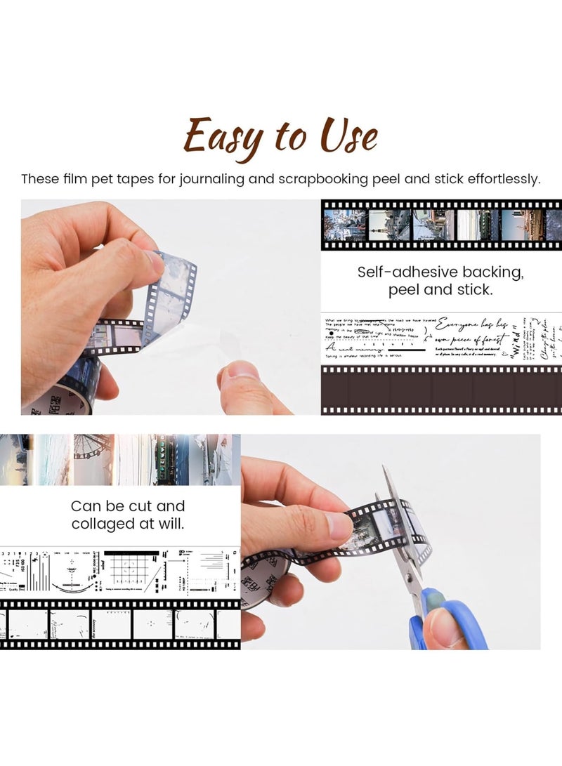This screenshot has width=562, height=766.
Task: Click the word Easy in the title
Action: click(223, 137)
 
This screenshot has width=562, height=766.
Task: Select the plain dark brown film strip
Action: click(441, 390)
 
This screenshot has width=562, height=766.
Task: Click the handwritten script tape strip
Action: click(441, 338)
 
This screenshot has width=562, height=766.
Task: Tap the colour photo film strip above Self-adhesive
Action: click(441, 225)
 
